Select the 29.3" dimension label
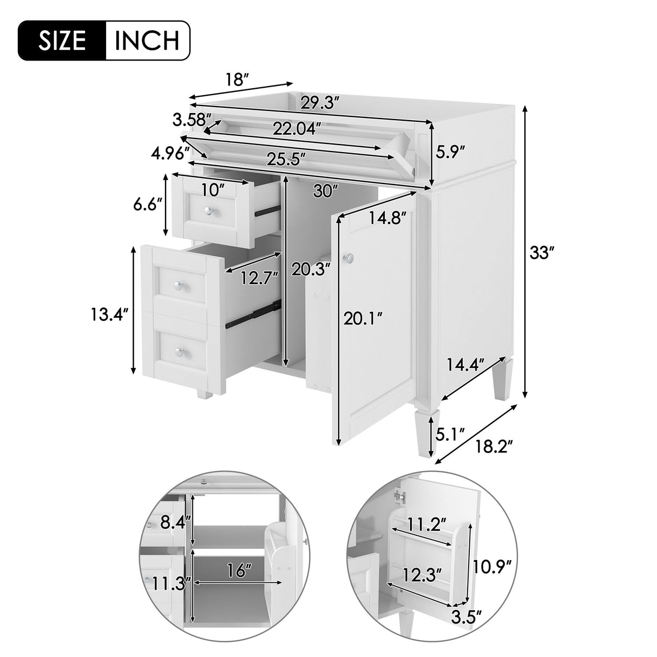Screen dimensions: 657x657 click(x=320, y=102)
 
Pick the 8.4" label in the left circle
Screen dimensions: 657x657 click(x=176, y=522)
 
